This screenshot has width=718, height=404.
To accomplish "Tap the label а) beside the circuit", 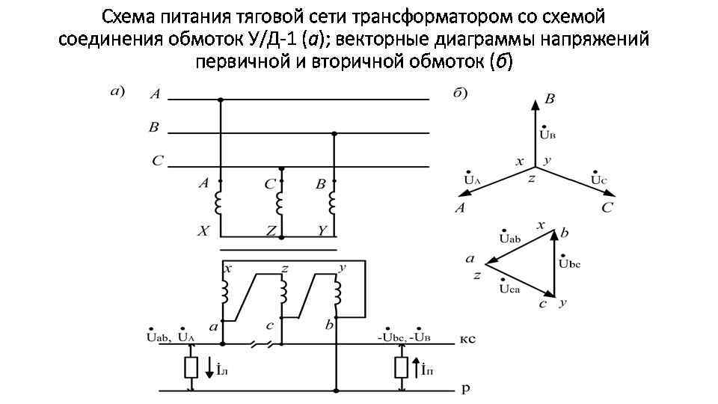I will click(x=118, y=93).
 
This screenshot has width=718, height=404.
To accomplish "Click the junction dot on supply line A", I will click(x=221, y=99).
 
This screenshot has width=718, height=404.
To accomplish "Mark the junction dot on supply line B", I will click(x=334, y=133).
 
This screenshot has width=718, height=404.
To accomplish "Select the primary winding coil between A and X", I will click(x=221, y=202).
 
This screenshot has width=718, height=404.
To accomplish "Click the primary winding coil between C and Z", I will click(x=281, y=202).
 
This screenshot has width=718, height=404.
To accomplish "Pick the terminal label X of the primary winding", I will click(x=203, y=232).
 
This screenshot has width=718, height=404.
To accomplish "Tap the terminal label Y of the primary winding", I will click(x=321, y=232).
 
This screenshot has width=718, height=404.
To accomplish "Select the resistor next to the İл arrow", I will click(x=191, y=367).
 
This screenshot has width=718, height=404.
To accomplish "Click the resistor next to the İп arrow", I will click(x=401, y=367).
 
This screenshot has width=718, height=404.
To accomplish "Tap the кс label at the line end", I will click(x=467, y=339).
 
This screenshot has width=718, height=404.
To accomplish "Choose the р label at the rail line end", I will click(x=464, y=389).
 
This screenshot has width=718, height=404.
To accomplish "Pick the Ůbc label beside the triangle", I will click(x=569, y=263).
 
